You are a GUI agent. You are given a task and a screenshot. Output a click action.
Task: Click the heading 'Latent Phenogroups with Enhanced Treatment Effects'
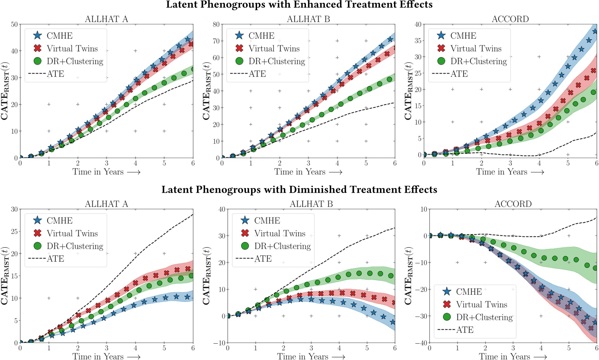(299, 5)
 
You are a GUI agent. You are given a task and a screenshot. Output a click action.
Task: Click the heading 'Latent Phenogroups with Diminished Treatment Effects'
(299, 190)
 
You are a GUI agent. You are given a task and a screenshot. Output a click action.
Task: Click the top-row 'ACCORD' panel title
(510, 19)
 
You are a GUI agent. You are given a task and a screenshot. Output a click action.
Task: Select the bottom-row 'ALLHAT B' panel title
(311, 204)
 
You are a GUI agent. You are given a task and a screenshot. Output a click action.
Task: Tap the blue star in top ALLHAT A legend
(38, 36)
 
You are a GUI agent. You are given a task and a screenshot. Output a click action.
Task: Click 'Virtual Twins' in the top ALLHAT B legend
(274, 49)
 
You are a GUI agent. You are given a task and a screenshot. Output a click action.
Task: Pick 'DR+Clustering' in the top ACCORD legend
(478, 61)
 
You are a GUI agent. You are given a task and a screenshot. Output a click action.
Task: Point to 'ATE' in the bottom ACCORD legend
(465, 330)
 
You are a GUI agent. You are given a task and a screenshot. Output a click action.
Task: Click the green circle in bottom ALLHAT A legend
(38, 246)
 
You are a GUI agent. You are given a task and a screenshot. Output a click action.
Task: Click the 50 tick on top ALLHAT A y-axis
(14, 24)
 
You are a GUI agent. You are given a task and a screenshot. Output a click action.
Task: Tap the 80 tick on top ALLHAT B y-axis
(216, 24)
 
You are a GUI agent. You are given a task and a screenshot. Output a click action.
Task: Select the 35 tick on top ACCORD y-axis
(418, 41)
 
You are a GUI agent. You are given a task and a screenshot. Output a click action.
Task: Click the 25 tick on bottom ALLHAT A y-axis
(14, 232)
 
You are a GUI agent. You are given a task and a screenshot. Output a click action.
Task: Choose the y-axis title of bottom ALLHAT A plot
(5, 276)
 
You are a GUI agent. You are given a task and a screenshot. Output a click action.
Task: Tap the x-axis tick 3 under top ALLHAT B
(308, 163)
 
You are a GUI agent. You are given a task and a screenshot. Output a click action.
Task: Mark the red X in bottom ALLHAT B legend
(245, 233)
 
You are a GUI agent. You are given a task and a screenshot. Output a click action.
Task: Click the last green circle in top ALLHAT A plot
(193, 69)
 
